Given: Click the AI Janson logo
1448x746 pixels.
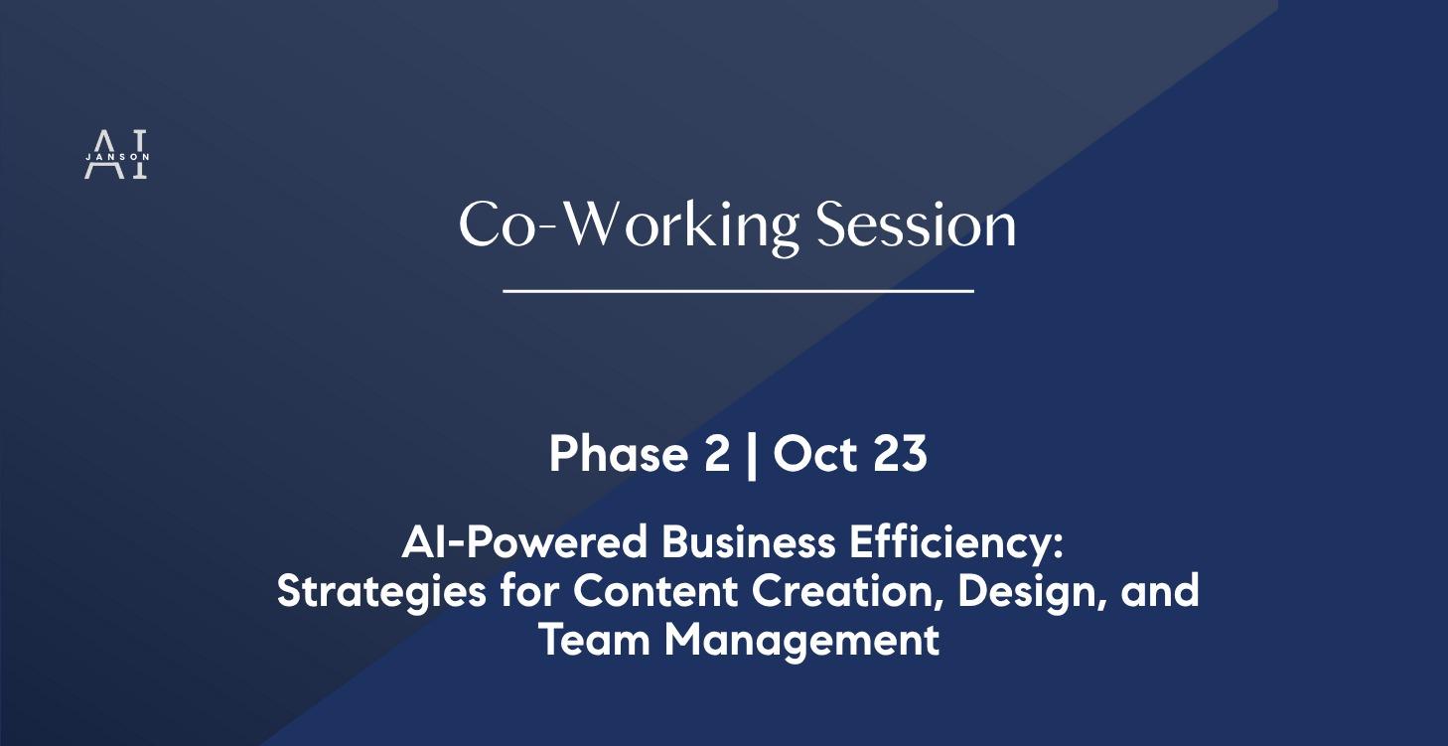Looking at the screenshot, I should [116, 155].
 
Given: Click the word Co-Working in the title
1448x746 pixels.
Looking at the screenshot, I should [628, 225].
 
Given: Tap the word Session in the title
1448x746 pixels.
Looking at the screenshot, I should [916, 225].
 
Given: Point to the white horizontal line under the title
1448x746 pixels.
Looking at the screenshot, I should [738, 291].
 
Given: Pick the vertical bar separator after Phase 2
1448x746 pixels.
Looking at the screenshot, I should [752, 455].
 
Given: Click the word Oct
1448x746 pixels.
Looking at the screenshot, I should [815, 454].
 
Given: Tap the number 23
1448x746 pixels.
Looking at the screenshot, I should [900, 454].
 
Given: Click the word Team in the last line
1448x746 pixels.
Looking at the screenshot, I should [596, 640].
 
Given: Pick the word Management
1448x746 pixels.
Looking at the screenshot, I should [801, 640].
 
